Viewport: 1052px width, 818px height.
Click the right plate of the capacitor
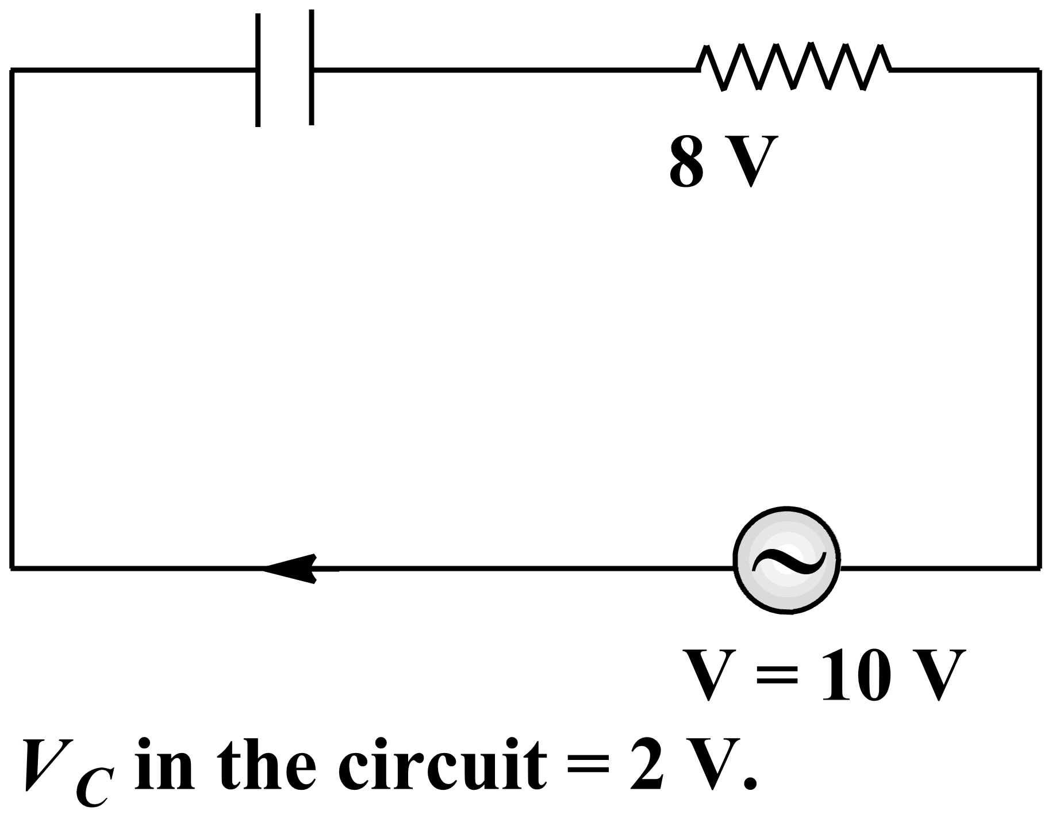tap(311, 68)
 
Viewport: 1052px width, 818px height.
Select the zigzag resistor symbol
tap(793, 68)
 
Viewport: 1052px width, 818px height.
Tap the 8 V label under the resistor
tap(725, 162)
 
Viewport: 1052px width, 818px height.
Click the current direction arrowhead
tap(293, 569)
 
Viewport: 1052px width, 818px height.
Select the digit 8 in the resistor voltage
tap(687, 162)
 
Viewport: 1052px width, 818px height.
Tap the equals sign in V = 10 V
tap(777, 676)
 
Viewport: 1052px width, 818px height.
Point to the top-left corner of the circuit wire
tap(11, 70)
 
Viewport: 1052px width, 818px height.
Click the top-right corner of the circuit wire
tap(1039, 70)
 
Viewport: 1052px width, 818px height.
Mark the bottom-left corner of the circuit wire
tap(11, 568)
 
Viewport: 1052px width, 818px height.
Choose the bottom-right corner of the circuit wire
tap(1039, 568)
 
